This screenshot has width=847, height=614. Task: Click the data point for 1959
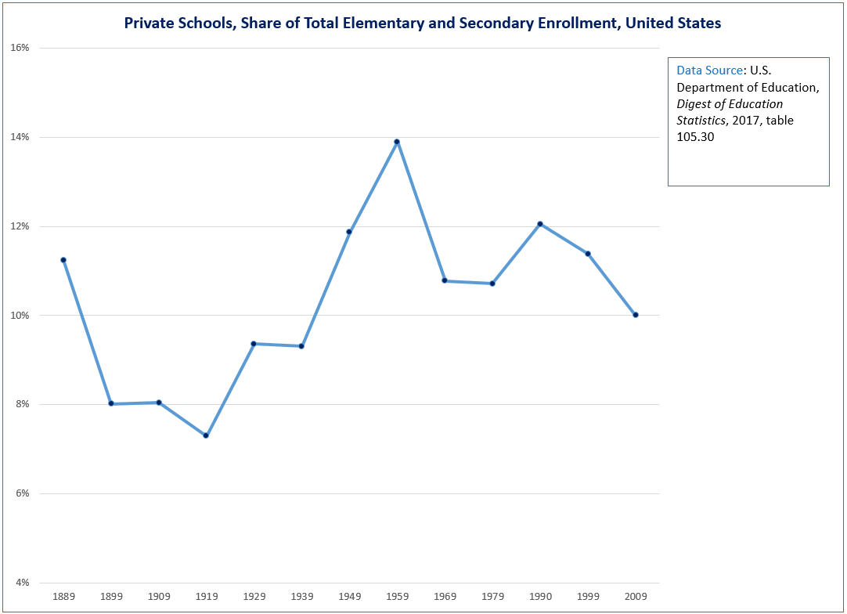coord(397,142)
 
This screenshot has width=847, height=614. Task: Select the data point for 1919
coord(206,435)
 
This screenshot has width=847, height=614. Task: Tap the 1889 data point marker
coord(63,260)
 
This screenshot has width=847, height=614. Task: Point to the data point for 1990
coord(540,224)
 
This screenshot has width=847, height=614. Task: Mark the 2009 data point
coord(636,315)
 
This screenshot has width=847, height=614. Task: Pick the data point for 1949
coord(349,232)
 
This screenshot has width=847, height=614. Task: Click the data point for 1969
coord(445,280)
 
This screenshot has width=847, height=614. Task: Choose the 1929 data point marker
coord(254,344)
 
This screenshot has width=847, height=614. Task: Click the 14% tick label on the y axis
coord(20,137)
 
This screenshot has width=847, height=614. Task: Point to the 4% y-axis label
coord(21,583)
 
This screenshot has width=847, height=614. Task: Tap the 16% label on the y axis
coord(20,48)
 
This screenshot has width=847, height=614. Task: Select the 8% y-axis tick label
coord(21,405)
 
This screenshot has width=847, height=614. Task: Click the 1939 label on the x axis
coord(301,597)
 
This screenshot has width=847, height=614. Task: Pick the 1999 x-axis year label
coord(588,597)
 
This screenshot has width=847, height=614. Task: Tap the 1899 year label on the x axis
coord(111,597)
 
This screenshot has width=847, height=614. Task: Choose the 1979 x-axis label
coord(492,597)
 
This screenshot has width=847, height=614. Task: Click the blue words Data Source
coord(709,70)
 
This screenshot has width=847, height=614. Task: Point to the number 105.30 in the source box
coord(694,136)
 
